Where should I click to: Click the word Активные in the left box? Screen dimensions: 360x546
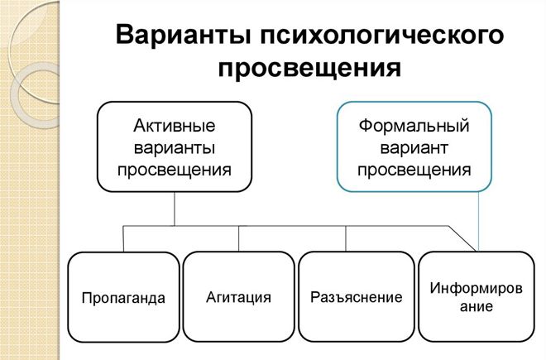tap(174, 127)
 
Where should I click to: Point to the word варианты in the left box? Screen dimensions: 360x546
tap(174, 148)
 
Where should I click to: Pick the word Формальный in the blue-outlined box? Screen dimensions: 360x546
tap(414, 127)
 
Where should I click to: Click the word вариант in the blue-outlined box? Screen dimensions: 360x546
tap(414, 148)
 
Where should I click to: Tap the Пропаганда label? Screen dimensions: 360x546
tap(123, 298)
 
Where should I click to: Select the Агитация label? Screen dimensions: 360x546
tap(238, 296)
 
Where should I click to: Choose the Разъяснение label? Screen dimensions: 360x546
tap(357, 296)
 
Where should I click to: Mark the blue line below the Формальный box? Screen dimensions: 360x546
tap(480, 219)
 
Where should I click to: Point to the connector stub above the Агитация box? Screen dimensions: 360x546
tap(238, 238)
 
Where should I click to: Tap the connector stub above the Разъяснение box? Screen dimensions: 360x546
tap(346, 238)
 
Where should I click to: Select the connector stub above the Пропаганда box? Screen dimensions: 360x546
tap(123, 238)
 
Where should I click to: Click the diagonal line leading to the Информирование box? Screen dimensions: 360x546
tap(465, 238)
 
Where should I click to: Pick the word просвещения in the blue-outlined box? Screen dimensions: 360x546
tap(414, 170)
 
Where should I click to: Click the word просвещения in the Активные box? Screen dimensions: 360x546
tap(174, 170)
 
